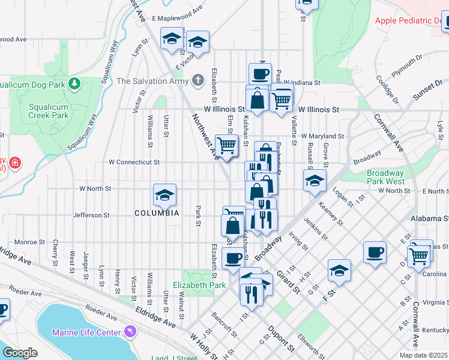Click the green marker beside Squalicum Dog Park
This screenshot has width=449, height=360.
pyautogui.click(x=75, y=83)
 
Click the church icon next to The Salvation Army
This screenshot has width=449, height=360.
pyautogui.click(x=199, y=80)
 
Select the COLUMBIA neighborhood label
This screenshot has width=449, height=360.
pyautogui.click(x=157, y=213)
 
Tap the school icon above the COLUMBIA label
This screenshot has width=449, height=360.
pyautogui.click(x=164, y=195)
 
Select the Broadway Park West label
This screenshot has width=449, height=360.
pyautogui.click(x=385, y=177)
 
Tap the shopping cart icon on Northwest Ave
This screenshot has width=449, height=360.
pyautogui.click(x=226, y=145)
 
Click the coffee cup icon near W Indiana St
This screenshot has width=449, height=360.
pyautogui.click(x=260, y=74)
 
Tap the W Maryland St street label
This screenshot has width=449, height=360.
pyautogui.click(x=322, y=137)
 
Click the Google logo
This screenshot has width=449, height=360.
pyautogui.click(x=20, y=352)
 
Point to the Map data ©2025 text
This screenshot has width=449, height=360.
pyautogui.click(x=423, y=355)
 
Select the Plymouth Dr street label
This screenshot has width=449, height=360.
pyautogui.click(x=407, y=67)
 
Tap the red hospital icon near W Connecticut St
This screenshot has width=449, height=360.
pyautogui.click(x=13, y=163)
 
